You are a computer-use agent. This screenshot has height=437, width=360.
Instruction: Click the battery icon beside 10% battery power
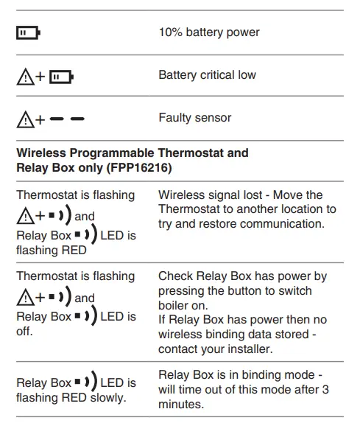28,33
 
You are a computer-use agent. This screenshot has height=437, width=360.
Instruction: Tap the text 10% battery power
208,32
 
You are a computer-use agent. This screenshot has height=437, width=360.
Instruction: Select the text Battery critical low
207,75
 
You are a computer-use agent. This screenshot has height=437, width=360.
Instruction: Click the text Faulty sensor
194,118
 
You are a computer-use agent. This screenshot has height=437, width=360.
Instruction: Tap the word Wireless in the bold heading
40,153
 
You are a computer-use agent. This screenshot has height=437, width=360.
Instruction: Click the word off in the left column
24,331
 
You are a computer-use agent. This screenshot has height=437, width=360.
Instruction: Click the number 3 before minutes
325,390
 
